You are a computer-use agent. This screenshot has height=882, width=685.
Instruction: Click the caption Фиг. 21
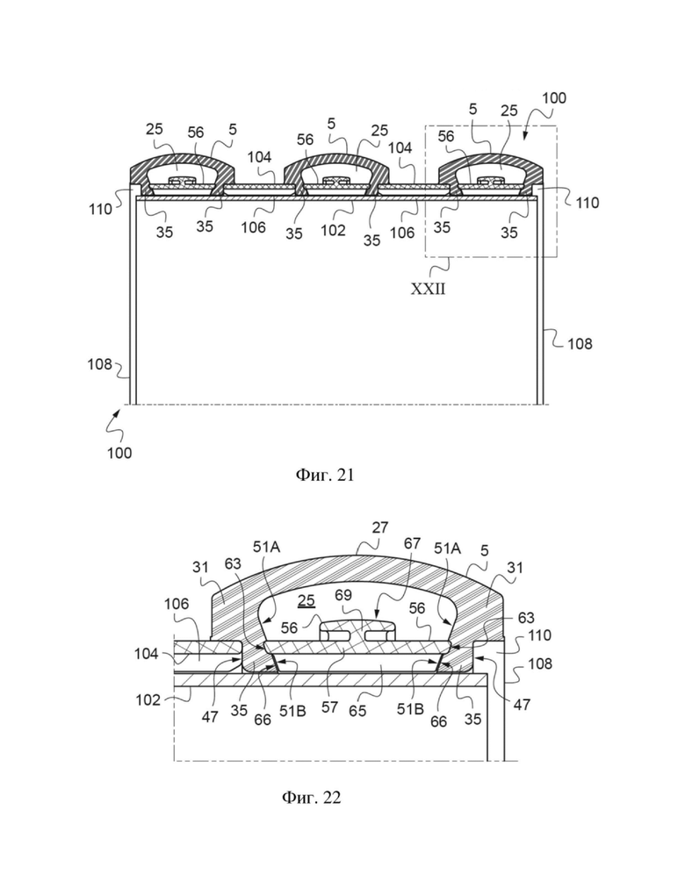point(325,475)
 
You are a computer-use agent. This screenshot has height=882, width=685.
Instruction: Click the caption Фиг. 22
point(311,797)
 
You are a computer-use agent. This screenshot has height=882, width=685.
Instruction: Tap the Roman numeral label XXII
point(428,289)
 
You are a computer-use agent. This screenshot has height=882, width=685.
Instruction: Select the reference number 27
point(380,527)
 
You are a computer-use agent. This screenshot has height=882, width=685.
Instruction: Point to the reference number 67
point(413,543)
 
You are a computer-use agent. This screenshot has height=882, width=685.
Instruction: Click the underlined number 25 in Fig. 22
point(306,601)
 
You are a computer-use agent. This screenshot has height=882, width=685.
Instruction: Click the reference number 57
point(330,706)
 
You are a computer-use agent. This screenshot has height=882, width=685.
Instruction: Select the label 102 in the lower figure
point(148,700)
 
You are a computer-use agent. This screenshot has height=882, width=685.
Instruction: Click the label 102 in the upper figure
point(333,230)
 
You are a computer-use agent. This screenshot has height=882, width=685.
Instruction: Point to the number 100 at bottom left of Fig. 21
point(119,453)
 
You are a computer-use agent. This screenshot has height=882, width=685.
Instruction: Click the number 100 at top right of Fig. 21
point(554,98)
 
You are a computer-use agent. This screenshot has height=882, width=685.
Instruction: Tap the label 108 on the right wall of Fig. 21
point(580,344)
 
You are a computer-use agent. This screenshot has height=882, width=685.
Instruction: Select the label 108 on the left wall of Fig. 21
point(99,364)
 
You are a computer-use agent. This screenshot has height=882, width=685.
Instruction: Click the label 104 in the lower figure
point(147,654)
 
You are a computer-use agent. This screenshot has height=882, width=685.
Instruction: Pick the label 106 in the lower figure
point(177,604)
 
